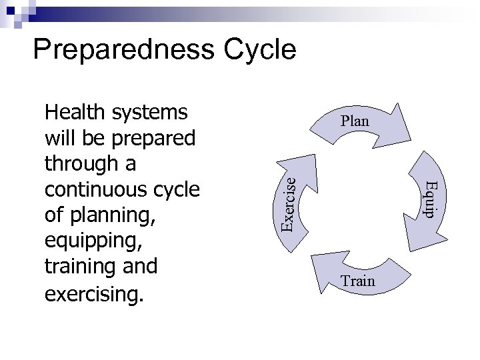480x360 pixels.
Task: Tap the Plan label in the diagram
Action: tap(355, 122)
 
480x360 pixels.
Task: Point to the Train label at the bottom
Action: tap(358, 281)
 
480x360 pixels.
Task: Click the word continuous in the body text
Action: tap(97, 190)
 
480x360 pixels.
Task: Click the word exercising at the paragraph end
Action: tap(93, 294)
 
